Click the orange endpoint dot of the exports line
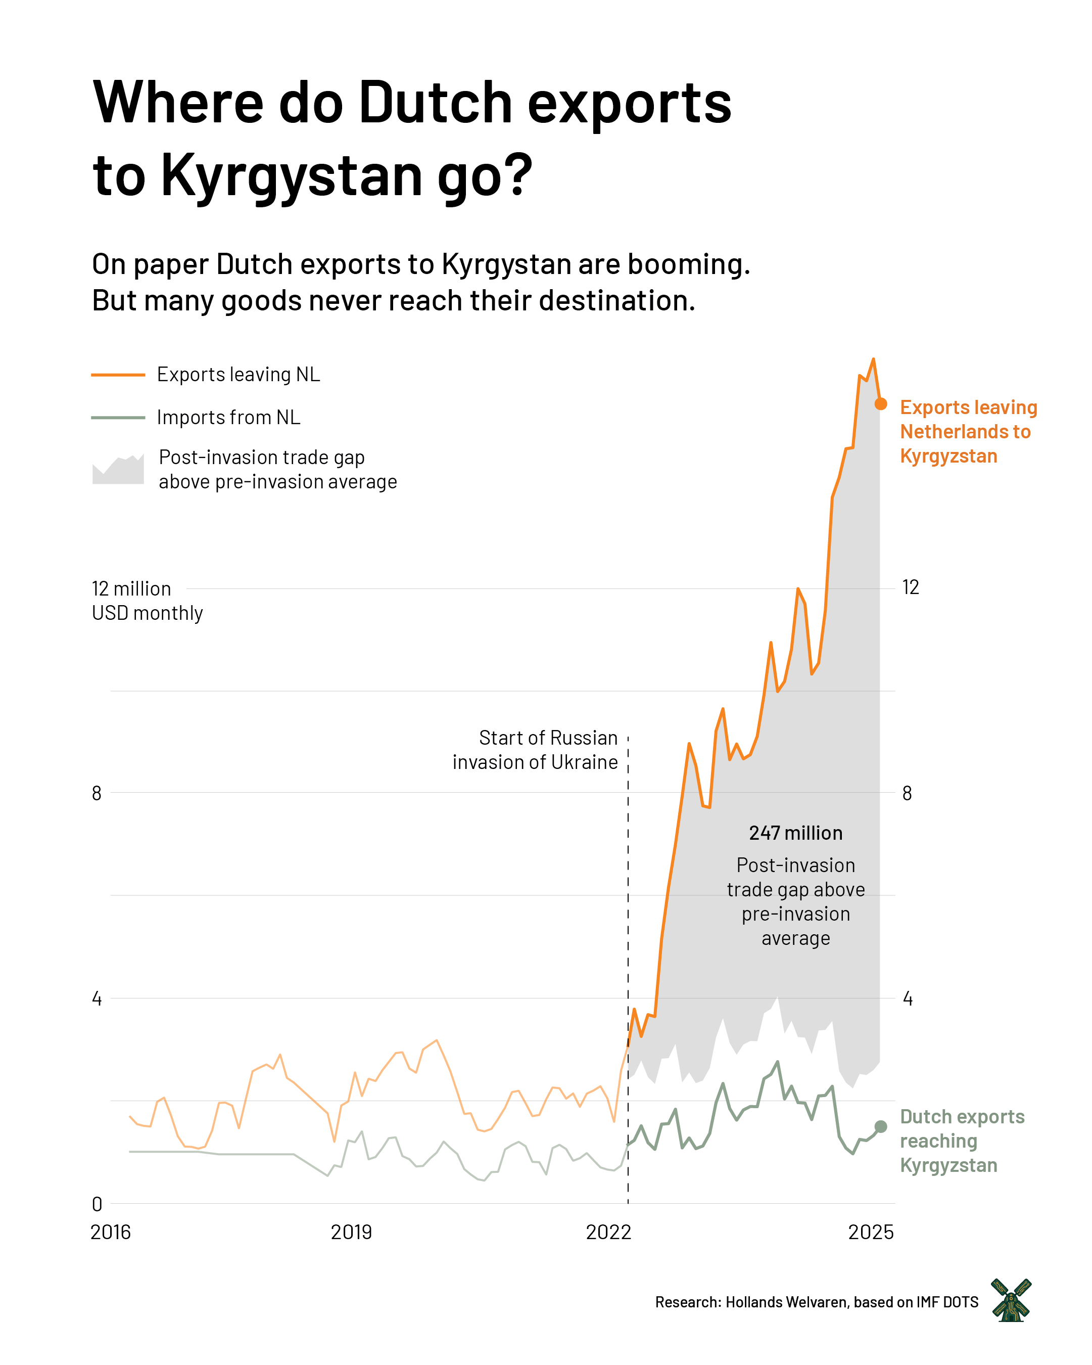(880, 404)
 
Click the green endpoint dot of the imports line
(880, 1126)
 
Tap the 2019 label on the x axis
(351, 1232)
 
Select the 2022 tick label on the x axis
(608, 1232)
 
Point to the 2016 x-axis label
(111, 1232)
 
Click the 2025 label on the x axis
(871, 1232)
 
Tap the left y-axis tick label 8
(97, 793)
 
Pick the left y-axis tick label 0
(97, 1204)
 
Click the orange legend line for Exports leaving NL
(118, 375)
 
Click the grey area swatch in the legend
(118, 470)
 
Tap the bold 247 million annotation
(795, 833)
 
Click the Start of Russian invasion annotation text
(535, 750)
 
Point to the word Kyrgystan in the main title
(292, 174)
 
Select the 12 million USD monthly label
(147, 601)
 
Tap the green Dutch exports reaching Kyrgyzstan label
(962, 1141)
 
